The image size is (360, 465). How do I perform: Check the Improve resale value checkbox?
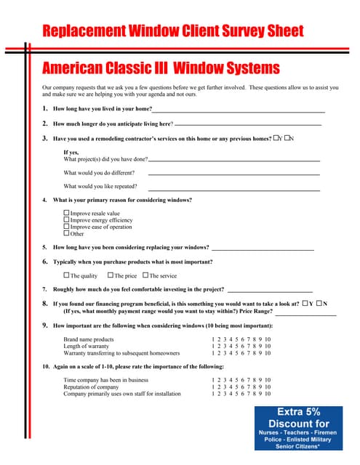[67, 214]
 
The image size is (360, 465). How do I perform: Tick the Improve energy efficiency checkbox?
[67, 220]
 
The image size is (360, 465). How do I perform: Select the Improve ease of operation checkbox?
[67, 227]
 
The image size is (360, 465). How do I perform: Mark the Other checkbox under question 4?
[67, 233]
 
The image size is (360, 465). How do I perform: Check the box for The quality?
[67, 275]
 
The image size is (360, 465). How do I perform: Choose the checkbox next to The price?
[111, 275]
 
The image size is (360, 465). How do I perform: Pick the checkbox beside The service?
[145, 275]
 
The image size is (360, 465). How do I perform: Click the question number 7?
[44, 289]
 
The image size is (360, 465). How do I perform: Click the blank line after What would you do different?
[233, 174]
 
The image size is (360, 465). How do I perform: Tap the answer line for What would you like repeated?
[233, 187]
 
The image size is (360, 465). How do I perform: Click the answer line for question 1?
[237, 110]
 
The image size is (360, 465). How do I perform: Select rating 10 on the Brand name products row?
[268, 339]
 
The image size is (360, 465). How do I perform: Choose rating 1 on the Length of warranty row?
[213, 347]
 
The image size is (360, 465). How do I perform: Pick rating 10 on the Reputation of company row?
[268, 387]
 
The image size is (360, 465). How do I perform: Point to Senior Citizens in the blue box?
[298, 446]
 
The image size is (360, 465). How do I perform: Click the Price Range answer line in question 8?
[305, 314]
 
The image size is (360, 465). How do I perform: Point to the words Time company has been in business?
[105, 379]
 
